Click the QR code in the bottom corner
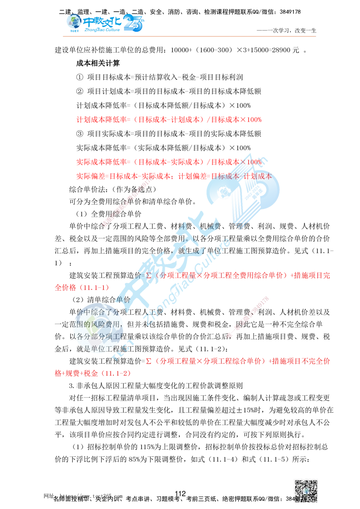(305, 492)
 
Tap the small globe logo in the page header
(74, 22)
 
